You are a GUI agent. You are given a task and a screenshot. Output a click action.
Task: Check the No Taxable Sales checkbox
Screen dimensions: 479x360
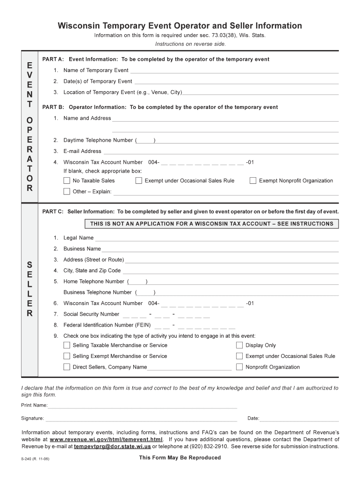click(66, 181)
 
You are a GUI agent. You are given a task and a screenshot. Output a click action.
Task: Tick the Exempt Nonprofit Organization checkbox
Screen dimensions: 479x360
click(253, 181)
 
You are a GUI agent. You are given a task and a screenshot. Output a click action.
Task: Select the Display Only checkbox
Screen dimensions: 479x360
click(239, 345)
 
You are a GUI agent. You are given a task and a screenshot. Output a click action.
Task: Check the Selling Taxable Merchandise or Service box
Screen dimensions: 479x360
click(66, 345)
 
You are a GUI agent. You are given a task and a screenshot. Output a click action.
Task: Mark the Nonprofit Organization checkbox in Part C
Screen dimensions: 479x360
click(239, 367)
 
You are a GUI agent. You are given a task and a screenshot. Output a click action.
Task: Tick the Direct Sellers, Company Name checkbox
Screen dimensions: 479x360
click(66, 367)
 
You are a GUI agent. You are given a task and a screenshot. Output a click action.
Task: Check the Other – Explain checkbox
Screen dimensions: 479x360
click(66, 191)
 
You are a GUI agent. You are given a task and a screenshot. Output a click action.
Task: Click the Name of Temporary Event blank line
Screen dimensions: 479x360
click(234, 71)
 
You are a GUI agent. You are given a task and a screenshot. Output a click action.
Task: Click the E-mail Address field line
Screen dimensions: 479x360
click(220, 152)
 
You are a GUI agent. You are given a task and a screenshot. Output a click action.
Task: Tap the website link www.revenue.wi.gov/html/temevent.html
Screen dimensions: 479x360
click(106, 440)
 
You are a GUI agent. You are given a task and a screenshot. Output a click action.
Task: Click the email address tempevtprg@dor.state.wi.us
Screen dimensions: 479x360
click(113, 447)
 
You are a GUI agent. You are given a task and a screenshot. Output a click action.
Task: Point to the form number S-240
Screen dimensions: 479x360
click(28, 459)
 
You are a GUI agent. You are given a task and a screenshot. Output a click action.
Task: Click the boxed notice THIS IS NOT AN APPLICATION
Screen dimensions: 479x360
click(211, 224)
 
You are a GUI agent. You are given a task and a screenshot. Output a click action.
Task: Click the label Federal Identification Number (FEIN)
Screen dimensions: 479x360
click(107, 325)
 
